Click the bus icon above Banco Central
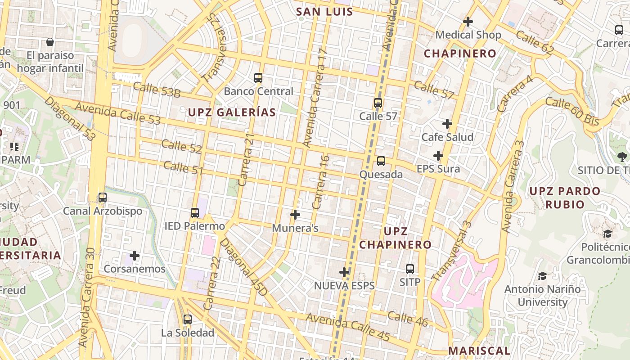coord(258,77)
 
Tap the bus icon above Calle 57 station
coord(378,103)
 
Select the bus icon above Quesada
coord(381,161)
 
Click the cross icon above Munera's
coord(295,215)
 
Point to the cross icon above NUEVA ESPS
coord(344,272)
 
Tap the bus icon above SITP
coord(410,269)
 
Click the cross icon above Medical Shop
coord(468,21)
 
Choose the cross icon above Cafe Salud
coord(447,123)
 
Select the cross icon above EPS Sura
coord(438,156)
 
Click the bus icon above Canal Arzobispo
coord(103,197)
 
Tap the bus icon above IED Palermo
coord(195,212)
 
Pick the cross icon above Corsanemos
coord(135,256)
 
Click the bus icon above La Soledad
coord(188,319)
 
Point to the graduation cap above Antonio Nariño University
coord(542,276)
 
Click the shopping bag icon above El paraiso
coord(50,42)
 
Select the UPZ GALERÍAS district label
coord(232,112)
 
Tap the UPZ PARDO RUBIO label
coord(565,198)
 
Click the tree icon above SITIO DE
coord(622,157)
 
